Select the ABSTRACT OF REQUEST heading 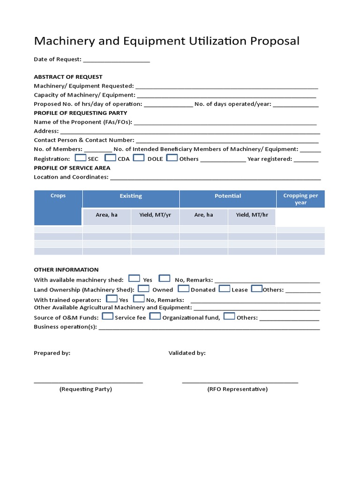[68, 77]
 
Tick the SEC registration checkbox [80, 158]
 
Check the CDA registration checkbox [110, 158]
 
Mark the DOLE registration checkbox [138, 158]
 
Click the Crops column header [58, 196]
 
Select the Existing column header [131, 196]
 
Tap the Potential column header [228, 196]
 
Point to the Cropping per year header [300, 199]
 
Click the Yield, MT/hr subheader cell [252, 215]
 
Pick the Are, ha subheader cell [203, 215]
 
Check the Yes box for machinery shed [134, 278]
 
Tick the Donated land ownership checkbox [183, 289]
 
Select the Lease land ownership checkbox [224, 289]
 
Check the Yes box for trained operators [112, 299]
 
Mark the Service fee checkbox [107, 316]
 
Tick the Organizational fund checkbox [155, 316]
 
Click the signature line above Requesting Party [88, 382]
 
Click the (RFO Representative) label [238, 389]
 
